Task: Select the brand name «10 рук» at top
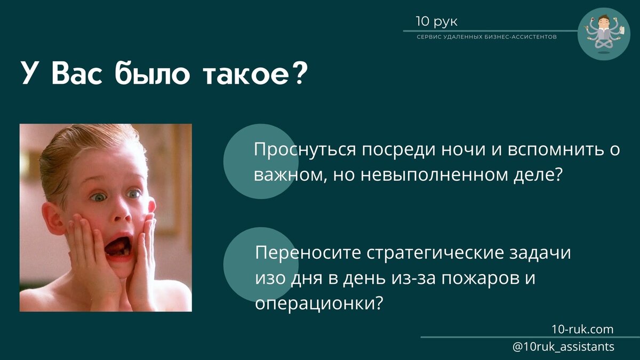[436, 22]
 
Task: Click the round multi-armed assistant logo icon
[604, 34]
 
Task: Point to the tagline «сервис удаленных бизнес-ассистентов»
[486, 37]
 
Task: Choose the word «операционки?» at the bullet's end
[319, 302]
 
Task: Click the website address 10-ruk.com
[583, 329]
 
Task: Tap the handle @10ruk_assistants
[563, 347]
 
